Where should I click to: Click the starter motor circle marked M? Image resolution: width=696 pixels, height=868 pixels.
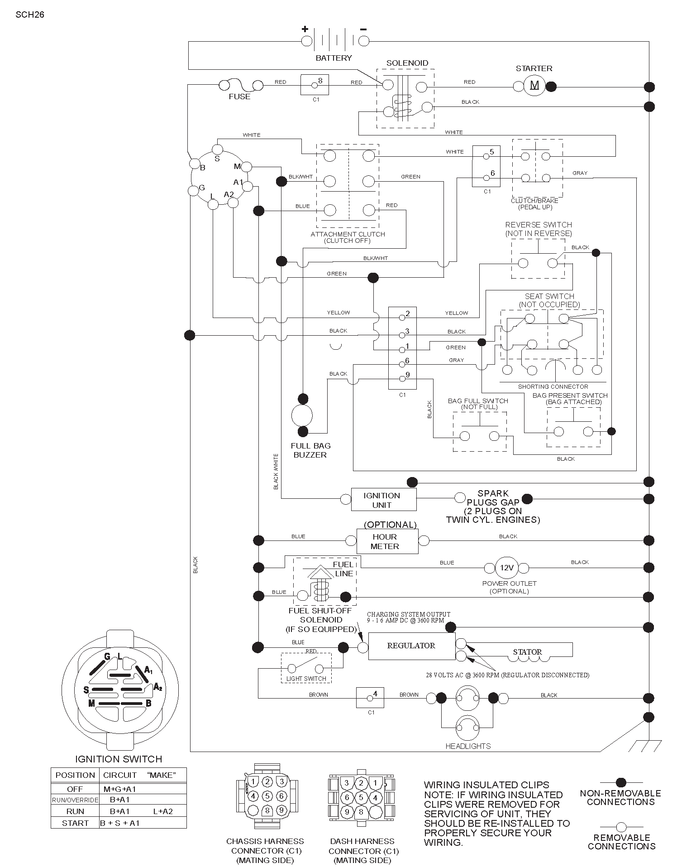(534, 86)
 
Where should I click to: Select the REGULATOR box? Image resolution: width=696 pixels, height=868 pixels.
(411, 646)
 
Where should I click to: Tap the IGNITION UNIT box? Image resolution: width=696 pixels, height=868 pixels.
(384, 500)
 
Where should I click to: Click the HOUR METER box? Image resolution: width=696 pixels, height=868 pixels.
(387, 541)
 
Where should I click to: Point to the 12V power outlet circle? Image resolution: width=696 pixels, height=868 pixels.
(506, 568)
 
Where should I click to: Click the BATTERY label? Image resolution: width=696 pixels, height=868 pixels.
(334, 58)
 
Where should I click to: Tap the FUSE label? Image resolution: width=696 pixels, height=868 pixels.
(239, 96)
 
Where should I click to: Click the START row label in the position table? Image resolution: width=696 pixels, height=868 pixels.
(75, 823)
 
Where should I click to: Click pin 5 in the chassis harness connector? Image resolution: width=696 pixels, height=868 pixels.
(267, 796)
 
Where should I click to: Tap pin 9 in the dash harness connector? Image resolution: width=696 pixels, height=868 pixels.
(347, 812)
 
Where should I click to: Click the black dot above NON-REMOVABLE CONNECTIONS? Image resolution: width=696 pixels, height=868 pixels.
(621, 782)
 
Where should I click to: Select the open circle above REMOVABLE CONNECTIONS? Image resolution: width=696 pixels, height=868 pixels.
(621, 827)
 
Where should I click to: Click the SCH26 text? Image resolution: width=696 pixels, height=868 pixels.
(30, 14)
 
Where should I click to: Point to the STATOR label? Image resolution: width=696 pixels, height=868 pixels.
(527, 652)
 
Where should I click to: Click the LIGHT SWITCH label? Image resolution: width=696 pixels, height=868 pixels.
(306, 679)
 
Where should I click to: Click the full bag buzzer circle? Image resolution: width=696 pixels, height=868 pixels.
(301, 415)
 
